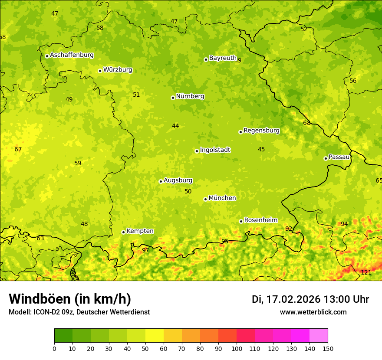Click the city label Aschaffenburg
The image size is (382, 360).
point(72,55)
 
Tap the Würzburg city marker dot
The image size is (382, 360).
point(100,71)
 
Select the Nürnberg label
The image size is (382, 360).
point(190,96)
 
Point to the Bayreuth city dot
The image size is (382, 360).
point(206,59)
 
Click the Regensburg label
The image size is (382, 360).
point(261,131)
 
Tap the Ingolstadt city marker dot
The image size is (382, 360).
point(197,151)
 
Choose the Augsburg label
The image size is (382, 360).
point(178,180)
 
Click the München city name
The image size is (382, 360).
point(222,198)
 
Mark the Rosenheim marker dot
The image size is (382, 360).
point(241,221)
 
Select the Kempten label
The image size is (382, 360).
point(140,231)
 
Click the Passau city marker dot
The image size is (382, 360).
point(326,158)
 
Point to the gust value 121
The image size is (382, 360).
point(366,272)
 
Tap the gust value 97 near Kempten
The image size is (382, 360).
point(145,250)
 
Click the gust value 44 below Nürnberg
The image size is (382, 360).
point(175,126)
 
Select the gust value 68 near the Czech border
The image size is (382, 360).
point(307,123)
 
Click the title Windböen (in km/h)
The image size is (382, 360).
point(70,299)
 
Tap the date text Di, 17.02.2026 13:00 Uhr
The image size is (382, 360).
point(310,299)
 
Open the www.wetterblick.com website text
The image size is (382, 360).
point(313,312)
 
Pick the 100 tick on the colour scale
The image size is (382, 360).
point(237,349)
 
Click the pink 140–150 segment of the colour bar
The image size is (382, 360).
point(319,336)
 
